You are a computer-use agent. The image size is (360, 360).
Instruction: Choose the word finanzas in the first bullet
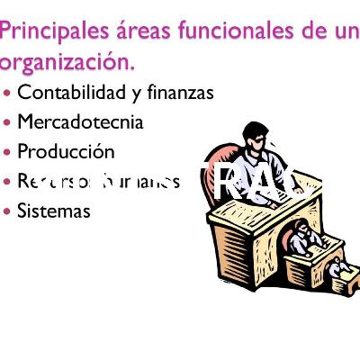pyautogui.click(x=179, y=92)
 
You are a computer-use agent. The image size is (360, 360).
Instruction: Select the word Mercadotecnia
pyautogui.click(x=79, y=121)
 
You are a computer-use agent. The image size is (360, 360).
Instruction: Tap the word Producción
pyautogui.click(x=66, y=151)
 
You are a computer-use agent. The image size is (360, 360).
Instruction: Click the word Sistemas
pyautogui.click(x=53, y=211)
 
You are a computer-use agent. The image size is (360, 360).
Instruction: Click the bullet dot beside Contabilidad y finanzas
pyautogui.click(x=8, y=92)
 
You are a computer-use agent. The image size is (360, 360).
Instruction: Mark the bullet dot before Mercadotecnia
pyautogui.click(x=8, y=121)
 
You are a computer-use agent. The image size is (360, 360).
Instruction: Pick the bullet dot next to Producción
pyautogui.click(x=8, y=151)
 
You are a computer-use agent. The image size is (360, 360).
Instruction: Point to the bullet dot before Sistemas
pyautogui.click(x=8, y=211)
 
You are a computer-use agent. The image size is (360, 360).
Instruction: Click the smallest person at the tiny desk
pyautogui.click(x=336, y=267)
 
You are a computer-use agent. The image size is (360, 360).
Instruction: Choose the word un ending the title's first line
pyautogui.click(x=346, y=31)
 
